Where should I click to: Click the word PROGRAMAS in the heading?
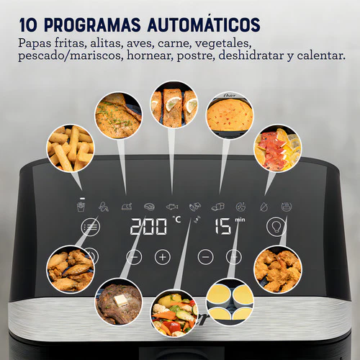point(92,24)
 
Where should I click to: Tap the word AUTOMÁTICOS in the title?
point(204,24)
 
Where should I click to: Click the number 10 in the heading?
point(28,24)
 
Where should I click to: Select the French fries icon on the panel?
point(81,207)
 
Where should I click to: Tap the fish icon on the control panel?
point(172,207)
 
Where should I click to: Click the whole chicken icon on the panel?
point(127,206)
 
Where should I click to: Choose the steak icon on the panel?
point(149,207)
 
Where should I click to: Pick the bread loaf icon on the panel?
point(218,207)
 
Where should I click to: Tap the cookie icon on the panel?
point(240,207)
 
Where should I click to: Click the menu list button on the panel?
point(91,227)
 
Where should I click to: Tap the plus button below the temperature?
point(163,257)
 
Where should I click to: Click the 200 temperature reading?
point(148,226)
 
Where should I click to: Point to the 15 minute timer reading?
point(223,226)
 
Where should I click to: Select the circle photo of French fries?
point(71,148)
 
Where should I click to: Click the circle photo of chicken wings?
point(71,269)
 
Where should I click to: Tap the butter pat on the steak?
point(120,300)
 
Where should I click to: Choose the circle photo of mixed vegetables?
point(174,313)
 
